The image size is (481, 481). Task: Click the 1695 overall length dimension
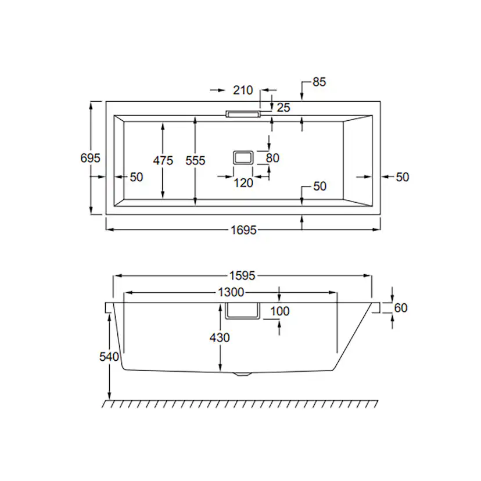(x=243, y=230)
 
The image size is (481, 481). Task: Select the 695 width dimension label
(x=90, y=158)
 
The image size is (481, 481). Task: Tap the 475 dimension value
(x=163, y=160)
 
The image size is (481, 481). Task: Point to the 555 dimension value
(x=195, y=160)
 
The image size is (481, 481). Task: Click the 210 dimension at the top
(x=243, y=90)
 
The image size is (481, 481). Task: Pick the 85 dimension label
(x=319, y=82)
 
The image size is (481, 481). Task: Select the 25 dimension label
(x=283, y=107)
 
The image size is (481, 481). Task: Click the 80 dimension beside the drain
(x=272, y=158)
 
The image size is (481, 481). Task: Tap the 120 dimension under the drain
(x=243, y=183)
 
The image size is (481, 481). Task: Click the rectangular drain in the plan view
(x=243, y=158)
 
